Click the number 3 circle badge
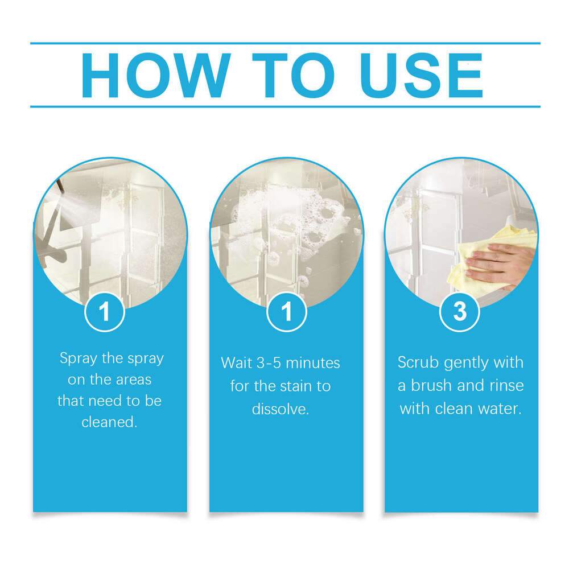[x=460, y=311]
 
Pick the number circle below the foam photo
[x=286, y=311]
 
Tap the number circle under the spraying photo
[x=105, y=311]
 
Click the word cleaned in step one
[x=108, y=422]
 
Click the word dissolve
[x=280, y=409]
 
